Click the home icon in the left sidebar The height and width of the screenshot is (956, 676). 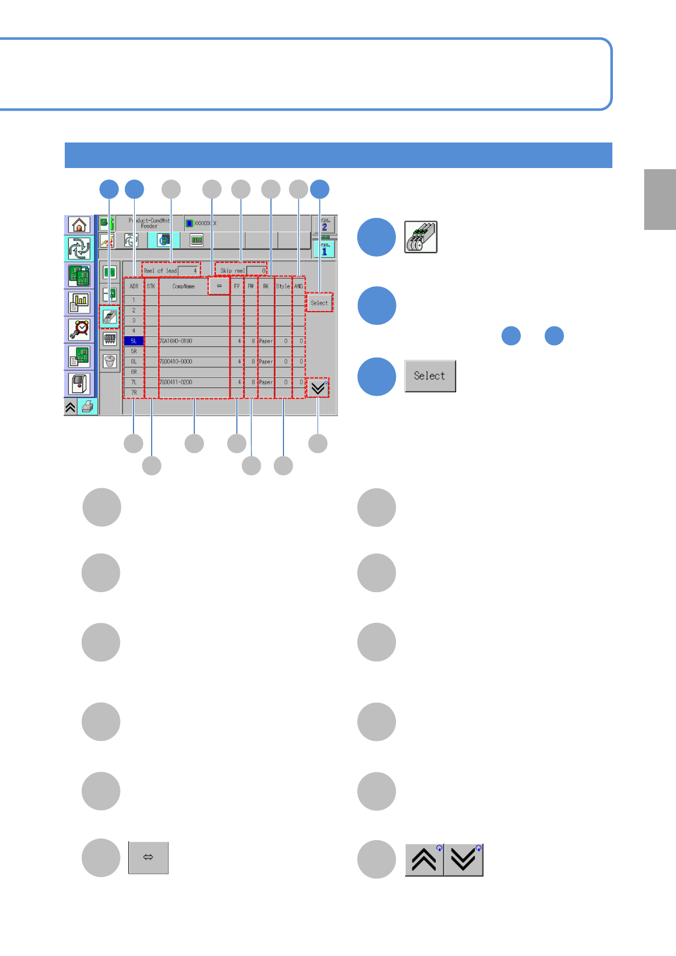click(79, 225)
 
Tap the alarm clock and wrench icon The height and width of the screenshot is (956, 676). click(79, 329)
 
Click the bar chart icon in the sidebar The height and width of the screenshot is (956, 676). click(79, 303)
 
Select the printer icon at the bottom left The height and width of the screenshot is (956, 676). click(87, 407)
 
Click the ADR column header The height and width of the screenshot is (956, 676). click(133, 286)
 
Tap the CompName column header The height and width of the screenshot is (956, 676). click(183, 286)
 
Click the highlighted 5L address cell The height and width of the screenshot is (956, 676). click(133, 341)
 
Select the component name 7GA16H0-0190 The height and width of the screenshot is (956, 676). click(176, 341)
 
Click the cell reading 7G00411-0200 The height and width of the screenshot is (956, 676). click(176, 382)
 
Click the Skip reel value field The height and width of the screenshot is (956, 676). click(257, 271)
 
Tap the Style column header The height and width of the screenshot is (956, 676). click(283, 286)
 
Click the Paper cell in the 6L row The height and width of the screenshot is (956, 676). click(266, 362)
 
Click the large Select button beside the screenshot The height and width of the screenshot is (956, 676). click(430, 376)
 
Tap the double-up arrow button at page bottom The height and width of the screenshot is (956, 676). click(424, 860)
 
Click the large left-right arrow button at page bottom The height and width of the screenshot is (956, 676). click(148, 857)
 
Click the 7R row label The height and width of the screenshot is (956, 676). click(133, 392)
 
